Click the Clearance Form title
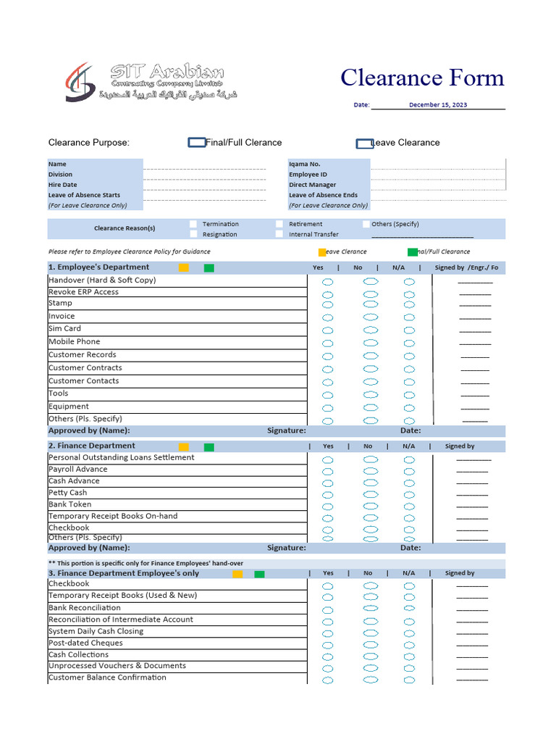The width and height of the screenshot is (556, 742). (422, 78)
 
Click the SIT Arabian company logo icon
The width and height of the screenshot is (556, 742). (79, 81)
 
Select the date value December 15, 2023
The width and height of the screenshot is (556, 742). (437, 104)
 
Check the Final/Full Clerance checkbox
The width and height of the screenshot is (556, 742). (196, 143)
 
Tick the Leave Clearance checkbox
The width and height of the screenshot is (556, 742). (364, 143)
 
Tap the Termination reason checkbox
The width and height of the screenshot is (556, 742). (193, 224)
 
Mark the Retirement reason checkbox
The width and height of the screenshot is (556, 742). (279, 224)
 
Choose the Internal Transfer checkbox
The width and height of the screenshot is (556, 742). (279, 234)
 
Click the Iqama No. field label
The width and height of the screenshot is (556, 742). (304, 164)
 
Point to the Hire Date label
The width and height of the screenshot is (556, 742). (62, 185)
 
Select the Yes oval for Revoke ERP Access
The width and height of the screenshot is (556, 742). (328, 294)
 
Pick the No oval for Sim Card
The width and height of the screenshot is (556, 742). (371, 330)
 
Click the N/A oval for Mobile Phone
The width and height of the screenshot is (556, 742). (409, 343)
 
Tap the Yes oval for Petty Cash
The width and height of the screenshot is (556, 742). (328, 495)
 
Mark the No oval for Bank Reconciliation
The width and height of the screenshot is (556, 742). (371, 609)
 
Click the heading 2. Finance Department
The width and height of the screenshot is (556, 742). (91, 446)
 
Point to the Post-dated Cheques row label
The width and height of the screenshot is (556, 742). (85, 643)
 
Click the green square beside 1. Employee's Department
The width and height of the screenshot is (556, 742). (208, 268)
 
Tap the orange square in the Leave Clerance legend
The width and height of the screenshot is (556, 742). (322, 252)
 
